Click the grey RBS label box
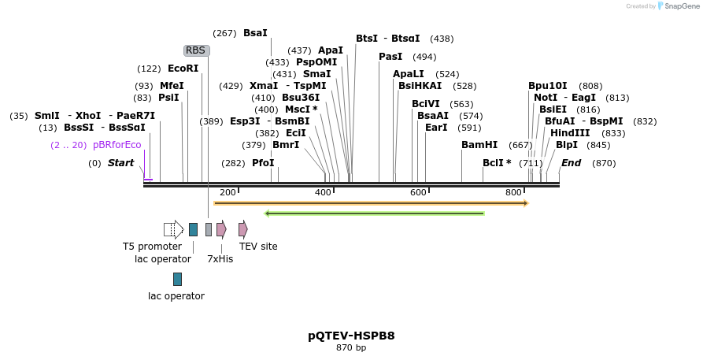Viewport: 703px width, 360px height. point(196,50)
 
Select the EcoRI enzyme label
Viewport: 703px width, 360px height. point(183,69)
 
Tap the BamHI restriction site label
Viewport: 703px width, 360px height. point(479,145)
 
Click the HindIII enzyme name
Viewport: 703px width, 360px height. point(569,133)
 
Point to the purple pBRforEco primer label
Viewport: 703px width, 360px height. point(117,145)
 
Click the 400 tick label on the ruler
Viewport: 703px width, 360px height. point(323,192)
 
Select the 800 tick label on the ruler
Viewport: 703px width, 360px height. point(513,192)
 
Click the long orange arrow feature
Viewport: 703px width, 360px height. point(370,203)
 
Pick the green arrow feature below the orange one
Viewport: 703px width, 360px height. point(374,213)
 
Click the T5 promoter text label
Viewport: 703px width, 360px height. point(152,247)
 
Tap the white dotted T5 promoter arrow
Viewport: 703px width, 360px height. point(173,229)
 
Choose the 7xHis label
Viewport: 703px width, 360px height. point(220,258)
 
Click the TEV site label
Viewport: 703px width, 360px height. point(258,247)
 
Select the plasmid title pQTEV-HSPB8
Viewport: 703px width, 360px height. point(351,336)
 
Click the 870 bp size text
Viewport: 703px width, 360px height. point(351,347)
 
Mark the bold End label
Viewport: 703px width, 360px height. point(571,163)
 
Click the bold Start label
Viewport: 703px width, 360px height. point(120,163)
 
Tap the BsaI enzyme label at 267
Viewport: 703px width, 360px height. point(255,33)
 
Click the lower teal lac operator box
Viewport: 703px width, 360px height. point(177,279)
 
